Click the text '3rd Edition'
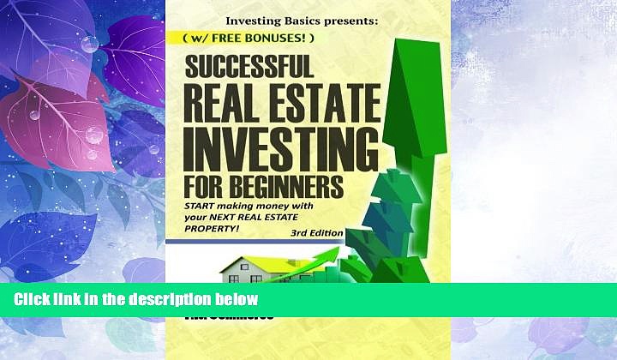315,233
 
